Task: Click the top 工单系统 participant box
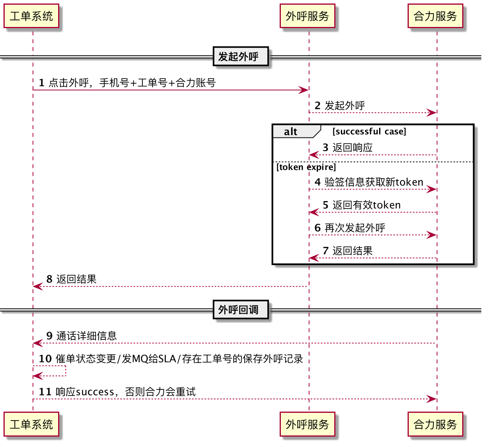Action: pos(32,16)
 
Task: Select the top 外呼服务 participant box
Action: pos(307,16)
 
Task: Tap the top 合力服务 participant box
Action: pos(435,16)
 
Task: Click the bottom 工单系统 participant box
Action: pos(32,424)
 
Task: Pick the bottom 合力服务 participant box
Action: pos(435,424)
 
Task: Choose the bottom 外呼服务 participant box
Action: pos(307,424)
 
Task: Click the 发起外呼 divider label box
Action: pos(241,56)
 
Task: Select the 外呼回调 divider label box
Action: pos(241,309)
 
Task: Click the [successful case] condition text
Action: pos(369,132)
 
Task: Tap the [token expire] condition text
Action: pos(306,167)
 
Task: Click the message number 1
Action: pos(42,83)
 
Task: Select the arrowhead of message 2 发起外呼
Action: pos(431,112)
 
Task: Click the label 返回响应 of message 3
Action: pos(352,148)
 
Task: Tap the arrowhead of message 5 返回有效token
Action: pos(314,212)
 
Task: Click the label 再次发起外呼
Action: pos(355,228)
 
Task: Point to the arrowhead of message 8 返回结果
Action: pos(38,286)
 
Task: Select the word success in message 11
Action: pos(95,392)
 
